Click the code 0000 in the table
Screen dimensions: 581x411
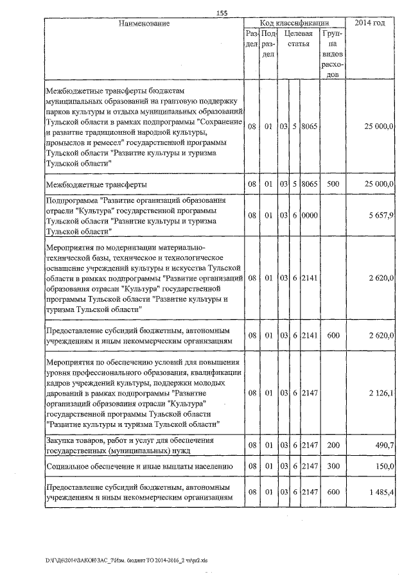tap(310, 215)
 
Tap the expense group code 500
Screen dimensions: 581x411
tap(333, 184)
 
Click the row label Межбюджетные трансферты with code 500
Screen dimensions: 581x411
tap(94, 184)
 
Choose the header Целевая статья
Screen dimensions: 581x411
tap(299, 39)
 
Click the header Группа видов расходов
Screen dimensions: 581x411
tap(333, 54)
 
